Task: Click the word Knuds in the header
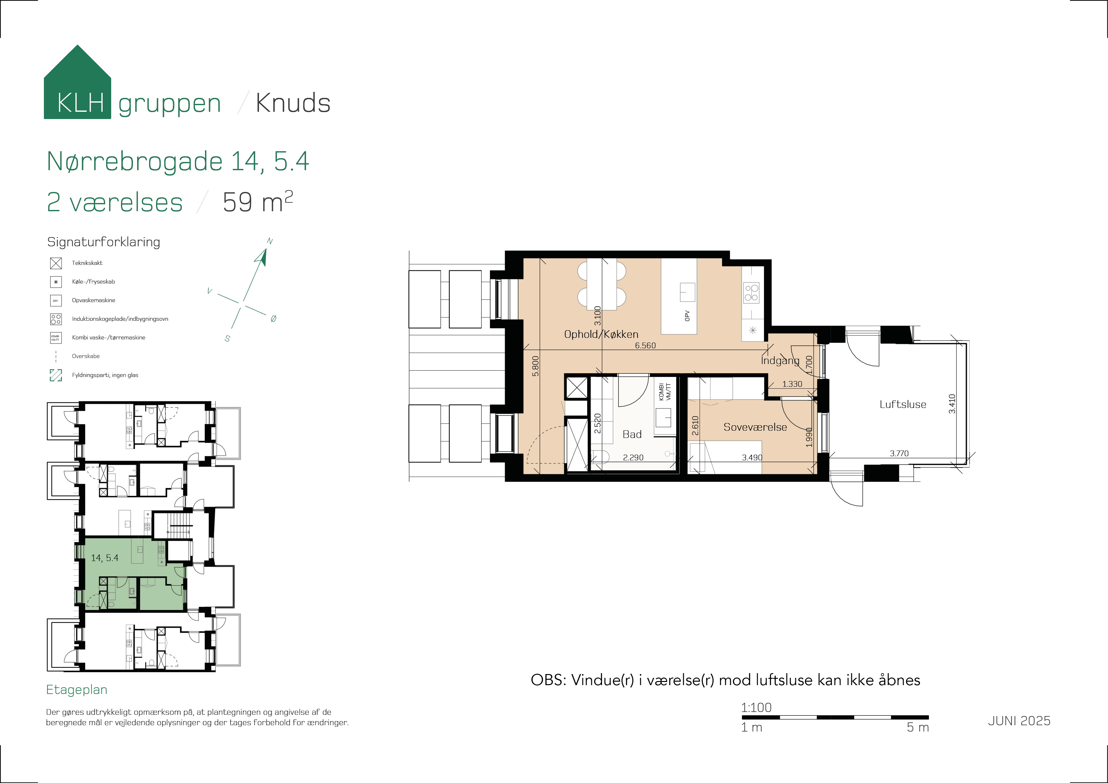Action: tap(293, 103)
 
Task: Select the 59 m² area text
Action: tap(257, 202)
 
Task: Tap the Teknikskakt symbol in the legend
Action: tap(56, 263)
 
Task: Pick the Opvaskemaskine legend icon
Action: tap(56, 301)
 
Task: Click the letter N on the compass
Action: tap(270, 241)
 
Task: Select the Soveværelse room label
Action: tap(755, 427)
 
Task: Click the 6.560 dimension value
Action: tap(645, 345)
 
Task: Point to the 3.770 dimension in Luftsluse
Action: tap(899, 453)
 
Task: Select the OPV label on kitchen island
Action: tap(687, 316)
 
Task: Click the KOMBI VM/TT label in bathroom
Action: tap(665, 392)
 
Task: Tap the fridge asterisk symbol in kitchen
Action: tap(752, 331)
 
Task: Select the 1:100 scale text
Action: tap(756, 708)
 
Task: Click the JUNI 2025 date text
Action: tap(1019, 721)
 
